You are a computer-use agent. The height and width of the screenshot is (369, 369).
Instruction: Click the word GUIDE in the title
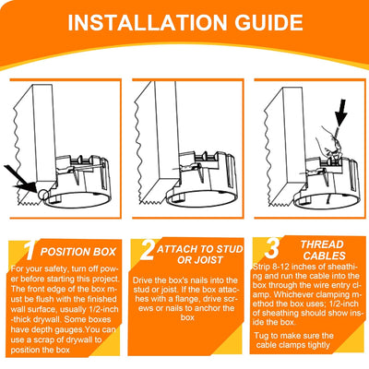[x=273, y=22]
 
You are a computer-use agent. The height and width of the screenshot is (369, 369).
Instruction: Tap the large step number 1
[x=30, y=249]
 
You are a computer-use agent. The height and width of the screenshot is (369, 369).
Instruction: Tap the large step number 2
[x=147, y=249]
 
